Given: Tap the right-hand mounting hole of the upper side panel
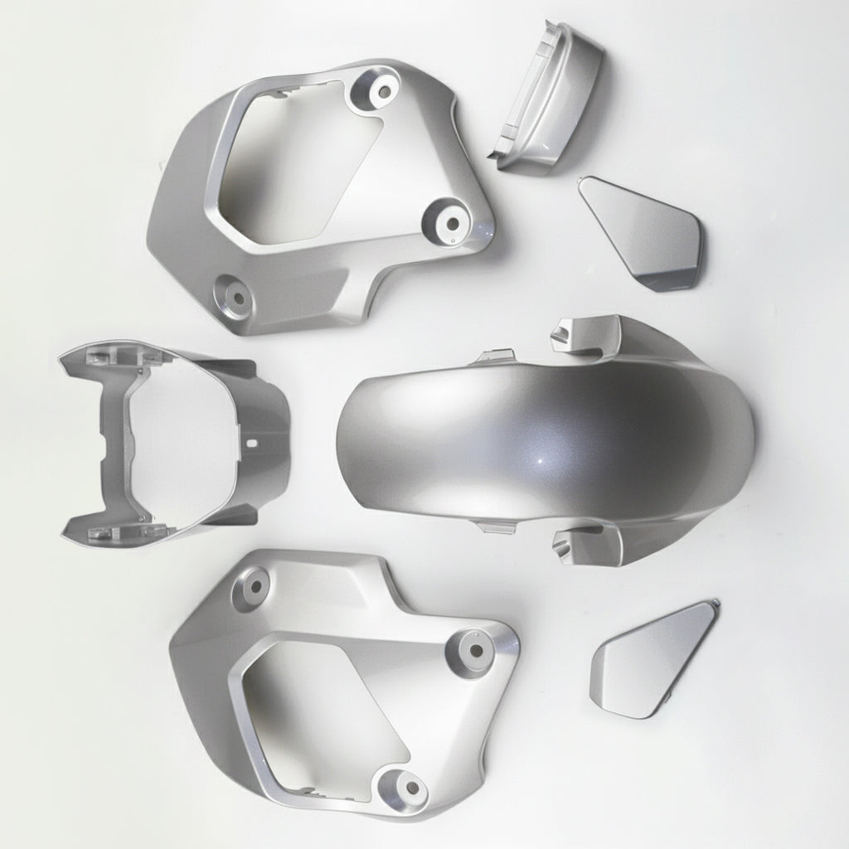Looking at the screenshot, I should coord(452,221).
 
